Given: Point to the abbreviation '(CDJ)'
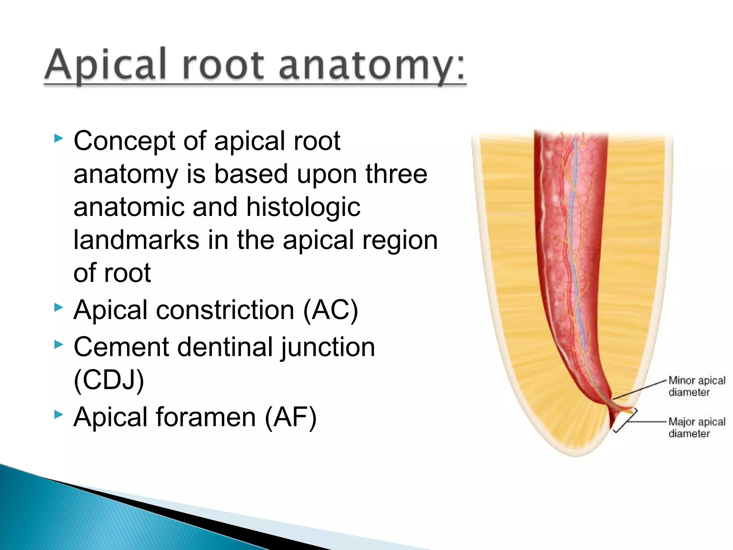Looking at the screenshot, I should (x=109, y=380).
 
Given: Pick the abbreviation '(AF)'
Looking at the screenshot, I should (x=291, y=417).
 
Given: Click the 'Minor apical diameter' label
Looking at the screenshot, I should (x=696, y=386).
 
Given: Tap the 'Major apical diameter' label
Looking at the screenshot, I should (x=696, y=428).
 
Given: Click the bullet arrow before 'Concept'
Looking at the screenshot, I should (x=59, y=138).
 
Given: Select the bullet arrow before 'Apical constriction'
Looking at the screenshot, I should (x=59, y=307).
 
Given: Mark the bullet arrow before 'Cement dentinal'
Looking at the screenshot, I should (x=59, y=344).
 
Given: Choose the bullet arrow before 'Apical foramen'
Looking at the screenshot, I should (x=59, y=415).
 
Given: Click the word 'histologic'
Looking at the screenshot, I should (x=303, y=208).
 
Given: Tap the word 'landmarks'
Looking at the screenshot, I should (x=136, y=240).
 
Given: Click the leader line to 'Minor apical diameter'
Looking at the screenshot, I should (x=641, y=390).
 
